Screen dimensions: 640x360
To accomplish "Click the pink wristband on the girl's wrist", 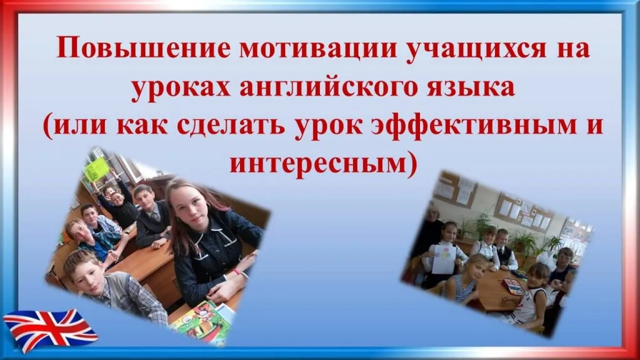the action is point(236,271).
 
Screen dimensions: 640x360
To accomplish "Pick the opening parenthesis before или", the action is point(48,126).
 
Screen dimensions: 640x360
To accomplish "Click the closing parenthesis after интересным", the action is point(413,163).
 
